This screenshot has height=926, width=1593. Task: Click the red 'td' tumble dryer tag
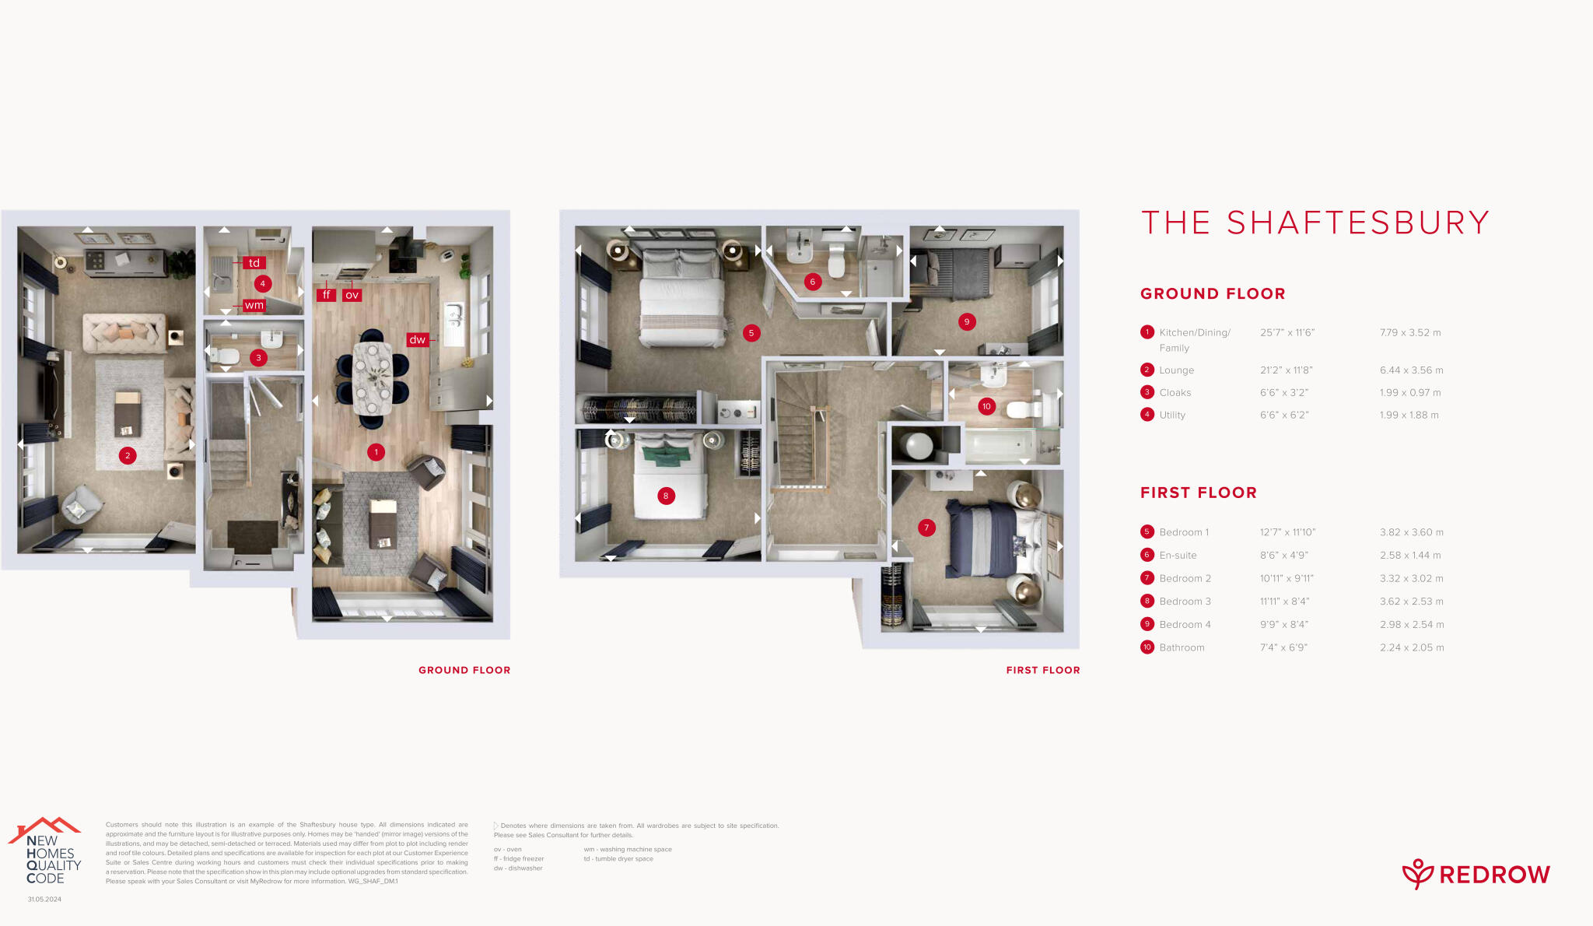coord(254,263)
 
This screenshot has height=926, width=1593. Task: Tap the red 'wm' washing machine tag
coord(254,305)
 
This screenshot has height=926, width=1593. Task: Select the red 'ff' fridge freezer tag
coord(326,295)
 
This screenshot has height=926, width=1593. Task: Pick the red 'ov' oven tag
coord(352,295)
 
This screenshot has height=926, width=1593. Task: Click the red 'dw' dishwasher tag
coord(418,339)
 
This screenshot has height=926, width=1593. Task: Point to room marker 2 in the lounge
coord(128,456)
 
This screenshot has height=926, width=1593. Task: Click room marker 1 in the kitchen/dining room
coord(376,452)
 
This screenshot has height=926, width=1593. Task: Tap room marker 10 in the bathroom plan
coord(986,406)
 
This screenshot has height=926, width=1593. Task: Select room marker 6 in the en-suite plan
coord(813,282)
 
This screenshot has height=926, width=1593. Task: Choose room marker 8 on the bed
coord(666,496)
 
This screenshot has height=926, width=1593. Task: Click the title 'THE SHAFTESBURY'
coord(1315,223)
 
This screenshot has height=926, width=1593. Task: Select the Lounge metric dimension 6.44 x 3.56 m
coord(1411,370)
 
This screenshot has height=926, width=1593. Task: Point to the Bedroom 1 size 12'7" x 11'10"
coord(1287,532)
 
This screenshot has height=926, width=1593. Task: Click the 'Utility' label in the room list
coord(1172,416)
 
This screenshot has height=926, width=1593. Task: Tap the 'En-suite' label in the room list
coord(1178,556)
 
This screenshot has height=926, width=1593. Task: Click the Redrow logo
coord(1476,875)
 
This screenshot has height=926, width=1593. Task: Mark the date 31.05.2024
coord(44,900)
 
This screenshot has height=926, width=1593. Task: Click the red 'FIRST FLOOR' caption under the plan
coord(1042,670)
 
